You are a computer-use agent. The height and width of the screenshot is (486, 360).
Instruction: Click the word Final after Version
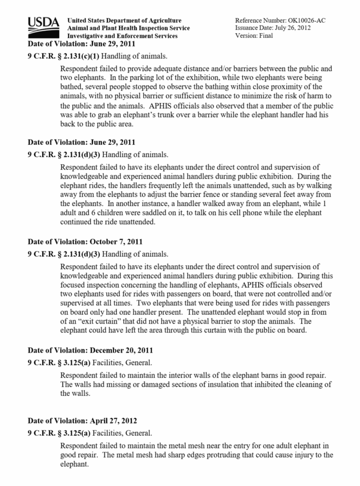[x=266, y=36]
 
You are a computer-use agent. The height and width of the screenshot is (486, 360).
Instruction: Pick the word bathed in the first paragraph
[x=72, y=86]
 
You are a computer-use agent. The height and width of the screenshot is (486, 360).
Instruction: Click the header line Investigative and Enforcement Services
[x=122, y=36]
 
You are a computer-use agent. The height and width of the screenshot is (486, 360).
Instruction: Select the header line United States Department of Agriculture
[x=124, y=21]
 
